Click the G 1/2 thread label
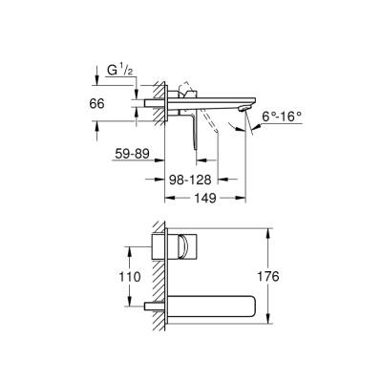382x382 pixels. tap(113, 69)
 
